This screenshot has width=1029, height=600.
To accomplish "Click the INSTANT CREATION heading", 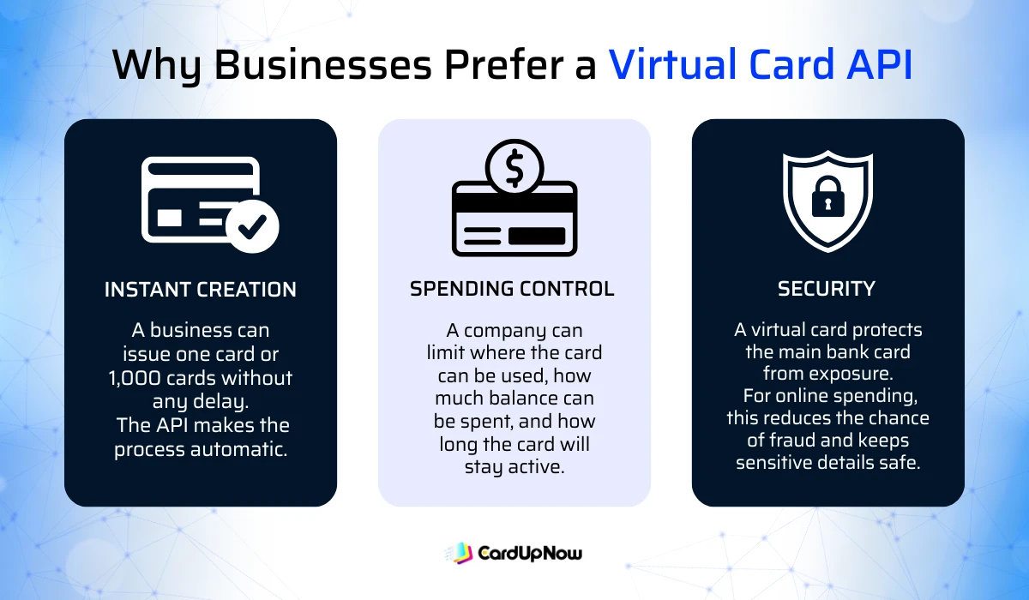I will (x=201, y=290).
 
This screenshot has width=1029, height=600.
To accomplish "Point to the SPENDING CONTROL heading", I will (x=512, y=289).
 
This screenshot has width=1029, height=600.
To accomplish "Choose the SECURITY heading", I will (x=827, y=290).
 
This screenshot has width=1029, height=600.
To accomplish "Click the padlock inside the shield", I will (x=828, y=200).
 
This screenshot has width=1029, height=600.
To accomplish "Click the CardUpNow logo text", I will (x=529, y=553).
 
